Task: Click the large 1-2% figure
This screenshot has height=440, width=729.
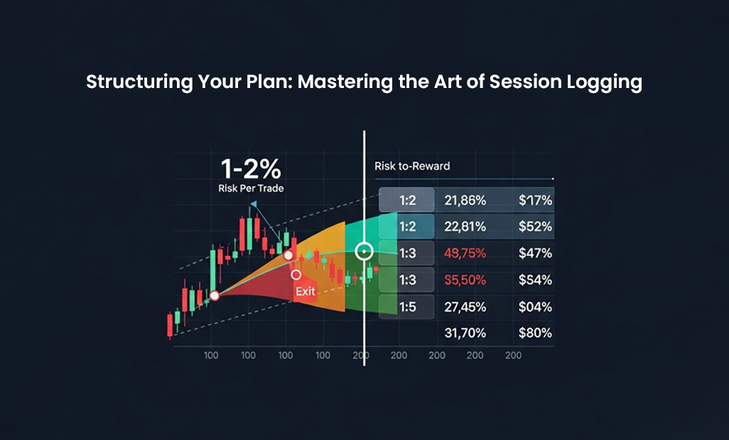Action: [251, 169]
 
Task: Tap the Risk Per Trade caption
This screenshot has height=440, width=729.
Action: [251, 188]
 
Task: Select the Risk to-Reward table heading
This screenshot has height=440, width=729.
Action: [412, 166]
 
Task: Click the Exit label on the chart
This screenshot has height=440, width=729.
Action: [306, 292]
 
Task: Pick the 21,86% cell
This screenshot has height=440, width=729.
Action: [465, 201]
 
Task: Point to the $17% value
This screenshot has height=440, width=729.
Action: [536, 201]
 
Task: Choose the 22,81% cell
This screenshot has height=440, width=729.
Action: [465, 226]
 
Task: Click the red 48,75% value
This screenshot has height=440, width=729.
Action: [465, 253]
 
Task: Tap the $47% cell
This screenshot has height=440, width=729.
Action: [536, 253]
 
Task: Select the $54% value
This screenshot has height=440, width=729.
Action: [536, 280]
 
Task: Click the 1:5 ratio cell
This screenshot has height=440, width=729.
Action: [407, 307]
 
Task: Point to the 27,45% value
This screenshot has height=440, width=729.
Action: [465, 307]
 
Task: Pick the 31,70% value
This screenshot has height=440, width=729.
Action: [465, 333]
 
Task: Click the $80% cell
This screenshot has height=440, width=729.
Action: [536, 333]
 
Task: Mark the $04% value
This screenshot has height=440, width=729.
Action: [536, 307]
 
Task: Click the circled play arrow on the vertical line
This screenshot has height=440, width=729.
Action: [364, 251]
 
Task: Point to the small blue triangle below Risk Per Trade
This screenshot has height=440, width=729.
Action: [254, 204]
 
